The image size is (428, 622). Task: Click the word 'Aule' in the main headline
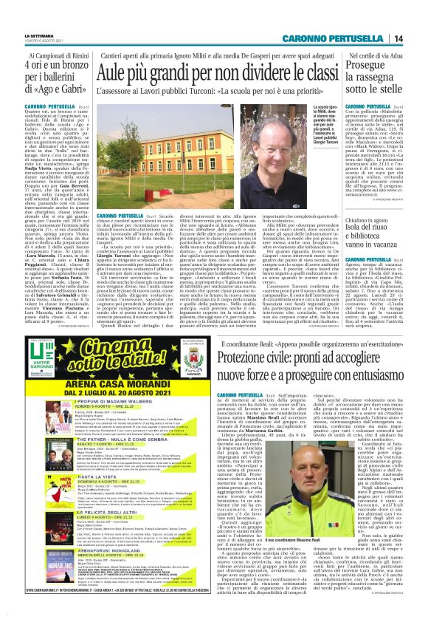120,74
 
